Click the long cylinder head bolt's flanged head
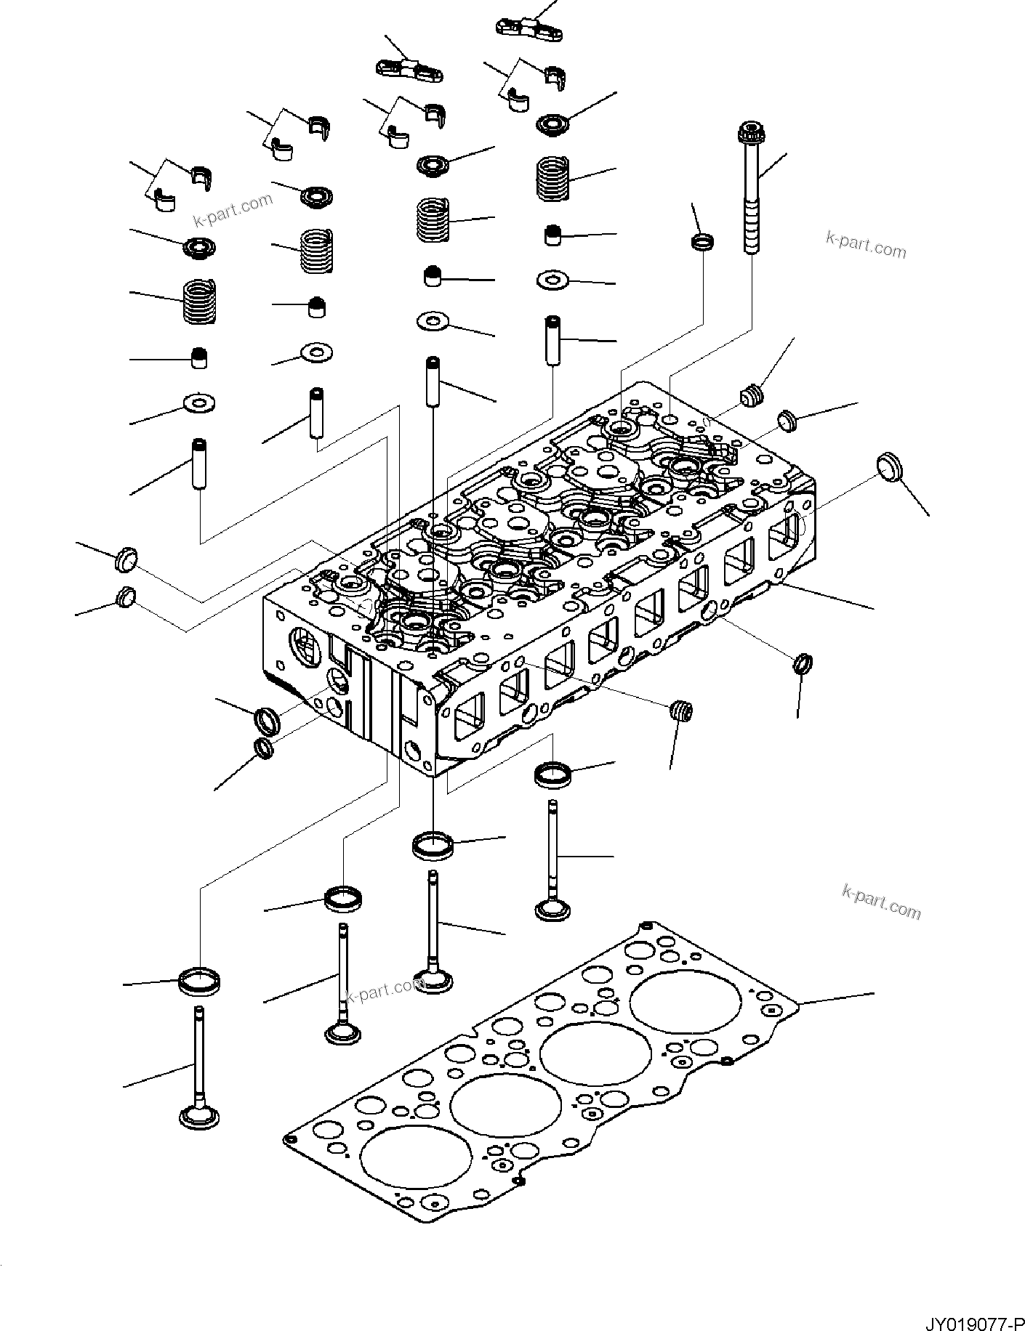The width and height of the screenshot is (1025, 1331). click(x=749, y=134)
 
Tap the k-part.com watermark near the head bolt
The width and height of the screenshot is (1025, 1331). click(x=866, y=245)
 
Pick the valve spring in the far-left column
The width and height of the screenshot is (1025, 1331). click(x=198, y=302)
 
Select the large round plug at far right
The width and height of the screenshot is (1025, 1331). click(x=889, y=466)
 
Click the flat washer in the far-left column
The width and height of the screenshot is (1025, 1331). click(x=199, y=401)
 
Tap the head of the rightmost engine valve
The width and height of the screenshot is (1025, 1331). click(x=555, y=909)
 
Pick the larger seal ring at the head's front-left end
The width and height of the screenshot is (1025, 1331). click(x=267, y=720)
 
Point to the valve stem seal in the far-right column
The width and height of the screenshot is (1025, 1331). click(x=555, y=235)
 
